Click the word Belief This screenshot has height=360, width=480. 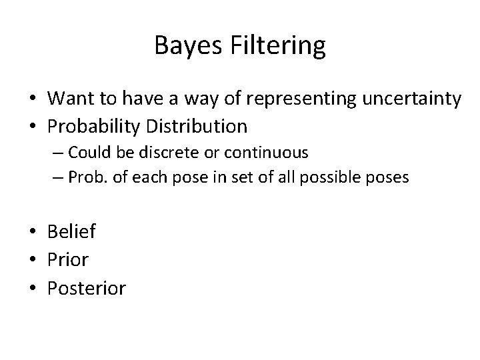[72, 231]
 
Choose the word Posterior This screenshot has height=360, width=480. [86, 288]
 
